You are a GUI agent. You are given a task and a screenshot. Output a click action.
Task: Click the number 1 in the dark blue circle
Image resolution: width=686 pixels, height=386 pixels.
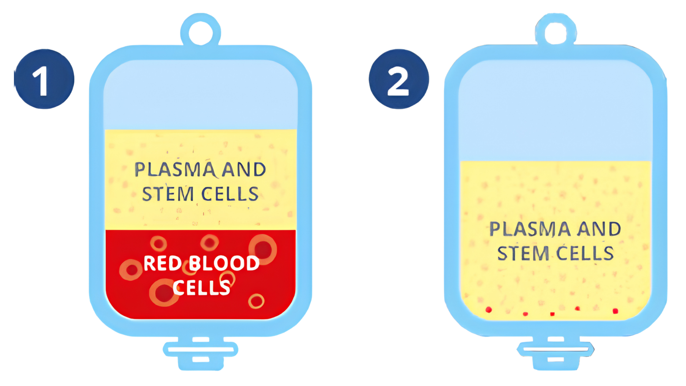[x=41, y=81]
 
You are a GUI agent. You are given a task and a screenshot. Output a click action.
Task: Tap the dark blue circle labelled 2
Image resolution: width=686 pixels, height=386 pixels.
[x=399, y=79]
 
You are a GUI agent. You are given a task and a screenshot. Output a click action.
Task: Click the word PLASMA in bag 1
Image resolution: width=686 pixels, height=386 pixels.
[x=175, y=169]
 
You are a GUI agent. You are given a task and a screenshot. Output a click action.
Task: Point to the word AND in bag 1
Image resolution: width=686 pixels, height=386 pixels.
[x=244, y=169]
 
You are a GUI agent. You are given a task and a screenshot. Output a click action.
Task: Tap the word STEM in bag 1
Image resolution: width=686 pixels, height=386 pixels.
[x=168, y=194]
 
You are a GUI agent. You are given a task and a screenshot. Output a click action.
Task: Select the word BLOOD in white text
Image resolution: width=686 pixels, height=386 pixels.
[x=224, y=263]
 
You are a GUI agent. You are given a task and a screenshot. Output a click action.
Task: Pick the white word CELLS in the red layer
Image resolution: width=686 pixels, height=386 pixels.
[x=202, y=287]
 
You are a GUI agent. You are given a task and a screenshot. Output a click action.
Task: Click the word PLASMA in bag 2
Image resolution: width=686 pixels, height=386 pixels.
[x=530, y=229]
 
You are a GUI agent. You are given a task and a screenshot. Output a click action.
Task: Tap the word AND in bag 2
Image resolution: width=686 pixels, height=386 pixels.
[x=599, y=229]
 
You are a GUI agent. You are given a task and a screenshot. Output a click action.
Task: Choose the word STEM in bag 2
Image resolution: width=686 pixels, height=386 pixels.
[x=523, y=253]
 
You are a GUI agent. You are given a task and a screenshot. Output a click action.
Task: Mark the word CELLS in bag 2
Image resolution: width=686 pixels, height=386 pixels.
[x=585, y=253]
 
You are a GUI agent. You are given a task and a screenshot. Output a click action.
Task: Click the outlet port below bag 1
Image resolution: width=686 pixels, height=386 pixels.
[x=201, y=353]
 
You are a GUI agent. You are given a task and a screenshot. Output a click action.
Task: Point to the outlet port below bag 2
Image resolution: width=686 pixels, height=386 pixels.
[x=556, y=353]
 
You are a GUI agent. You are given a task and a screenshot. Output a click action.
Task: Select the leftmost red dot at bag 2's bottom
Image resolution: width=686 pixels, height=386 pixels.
[x=489, y=310]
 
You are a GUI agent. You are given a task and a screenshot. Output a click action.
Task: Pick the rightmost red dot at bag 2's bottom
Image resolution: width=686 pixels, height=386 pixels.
[x=615, y=311]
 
